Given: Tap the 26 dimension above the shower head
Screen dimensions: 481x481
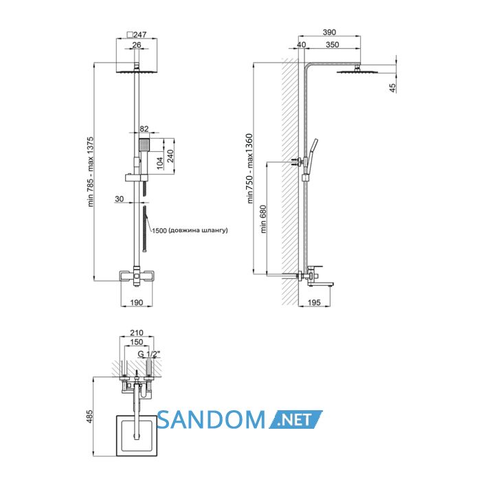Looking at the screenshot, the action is pyautogui.click(x=137, y=45).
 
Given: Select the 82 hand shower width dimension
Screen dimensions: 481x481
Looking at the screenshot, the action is pyautogui.click(x=144, y=129).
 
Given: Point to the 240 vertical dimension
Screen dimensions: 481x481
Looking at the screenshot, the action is pyautogui.click(x=170, y=156).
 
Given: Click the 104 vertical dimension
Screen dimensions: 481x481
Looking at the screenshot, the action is pyautogui.click(x=160, y=163).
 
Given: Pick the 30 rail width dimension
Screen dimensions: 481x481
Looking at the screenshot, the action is pyautogui.click(x=120, y=199).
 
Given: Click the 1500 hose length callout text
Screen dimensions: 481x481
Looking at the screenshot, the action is pyautogui.click(x=190, y=230).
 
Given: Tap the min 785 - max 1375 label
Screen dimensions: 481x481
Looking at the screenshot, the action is pyautogui.click(x=91, y=172).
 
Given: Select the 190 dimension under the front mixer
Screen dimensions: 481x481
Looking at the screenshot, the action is pyautogui.click(x=137, y=302).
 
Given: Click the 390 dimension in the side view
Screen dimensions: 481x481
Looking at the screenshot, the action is pyautogui.click(x=329, y=32).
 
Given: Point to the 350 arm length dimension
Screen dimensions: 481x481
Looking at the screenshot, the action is pyautogui.click(x=333, y=45).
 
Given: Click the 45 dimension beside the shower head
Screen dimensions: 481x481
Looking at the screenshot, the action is pyautogui.click(x=392, y=88).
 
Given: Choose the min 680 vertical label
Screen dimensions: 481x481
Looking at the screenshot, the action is pyautogui.click(x=263, y=219).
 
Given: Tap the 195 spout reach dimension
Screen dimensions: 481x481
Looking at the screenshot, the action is pyautogui.click(x=314, y=302).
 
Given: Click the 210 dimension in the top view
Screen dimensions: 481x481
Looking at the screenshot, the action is pyautogui.click(x=137, y=333).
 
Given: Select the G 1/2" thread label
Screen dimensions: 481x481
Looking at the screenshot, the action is pyautogui.click(x=149, y=354).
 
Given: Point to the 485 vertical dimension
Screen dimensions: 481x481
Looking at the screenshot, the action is pyautogui.click(x=89, y=416).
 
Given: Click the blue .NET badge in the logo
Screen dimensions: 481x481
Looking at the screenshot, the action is pyautogui.click(x=296, y=419).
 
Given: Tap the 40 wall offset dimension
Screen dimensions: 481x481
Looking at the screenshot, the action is pyautogui.click(x=302, y=45).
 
